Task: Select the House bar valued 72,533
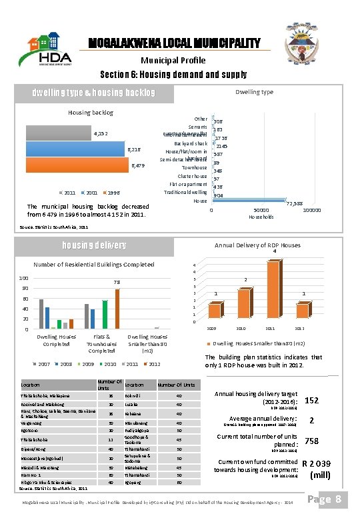point(247,201)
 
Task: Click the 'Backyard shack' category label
point(191,143)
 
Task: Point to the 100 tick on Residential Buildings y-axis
point(23,278)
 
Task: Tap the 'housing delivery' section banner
point(103,245)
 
